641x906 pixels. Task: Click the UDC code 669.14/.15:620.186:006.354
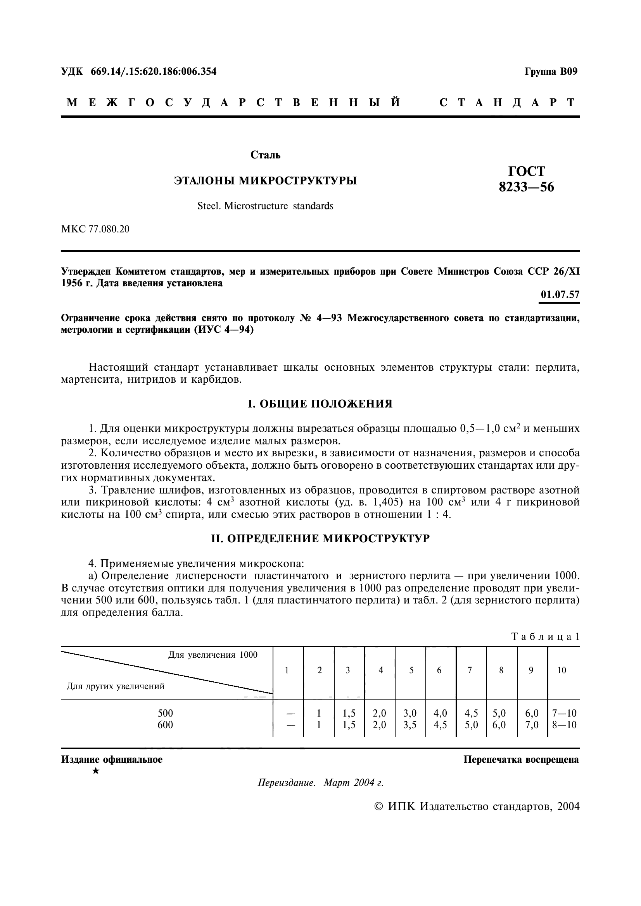(x=154, y=72)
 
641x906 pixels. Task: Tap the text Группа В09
(x=551, y=72)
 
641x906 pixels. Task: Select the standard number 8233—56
(x=526, y=187)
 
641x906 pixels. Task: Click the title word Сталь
(x=265, y=155)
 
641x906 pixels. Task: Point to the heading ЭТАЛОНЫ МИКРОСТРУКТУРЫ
(x=265, y=181)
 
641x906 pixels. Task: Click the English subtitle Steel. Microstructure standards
(x=265, y=206)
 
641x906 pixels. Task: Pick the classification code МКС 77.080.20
(x=95, y=229)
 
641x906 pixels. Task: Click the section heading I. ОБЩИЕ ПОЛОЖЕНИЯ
(x=320, y=404)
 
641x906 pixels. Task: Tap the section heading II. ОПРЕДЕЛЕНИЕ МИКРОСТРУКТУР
(x=320, y=539)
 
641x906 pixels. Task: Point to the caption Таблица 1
(x=546, y=636)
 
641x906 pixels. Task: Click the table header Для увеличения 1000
(x=213, y=655)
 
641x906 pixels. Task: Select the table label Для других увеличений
(x=115, y=686)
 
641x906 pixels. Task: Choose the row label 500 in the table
(x=166, y=713)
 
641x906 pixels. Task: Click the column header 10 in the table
(x=562, y=670)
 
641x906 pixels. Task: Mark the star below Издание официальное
(x=95, y=771)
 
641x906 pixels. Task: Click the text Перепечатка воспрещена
(x=521, y=760)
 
